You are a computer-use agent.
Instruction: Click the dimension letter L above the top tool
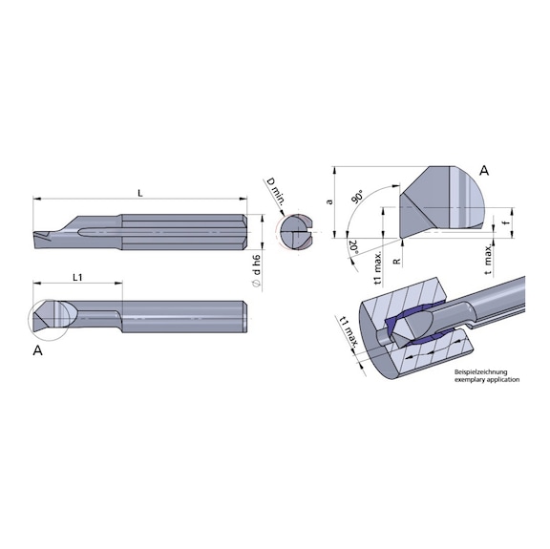coord(140,193)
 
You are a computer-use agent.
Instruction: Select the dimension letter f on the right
coord(506,226)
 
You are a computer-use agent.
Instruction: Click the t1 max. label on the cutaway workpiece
coord(348,333)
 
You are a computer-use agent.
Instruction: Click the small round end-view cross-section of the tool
coord(293,232)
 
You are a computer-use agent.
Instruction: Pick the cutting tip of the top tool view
coord(39,235)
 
